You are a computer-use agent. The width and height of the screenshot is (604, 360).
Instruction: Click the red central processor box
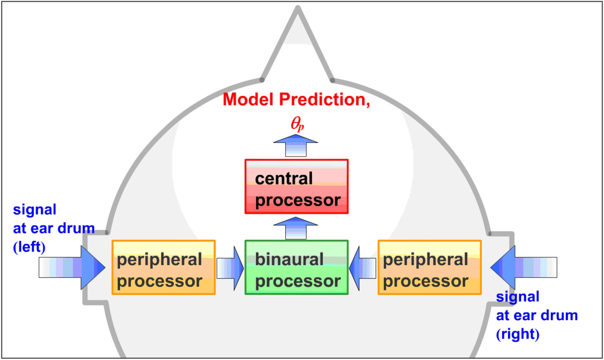[x=296, y=186]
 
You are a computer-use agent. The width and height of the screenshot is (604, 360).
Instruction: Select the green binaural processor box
[x=296, y=267]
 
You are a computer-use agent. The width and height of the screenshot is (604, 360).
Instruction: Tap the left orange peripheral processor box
[x=164, y=267]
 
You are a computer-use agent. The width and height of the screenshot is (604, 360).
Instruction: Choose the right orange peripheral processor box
[x=430, y=267]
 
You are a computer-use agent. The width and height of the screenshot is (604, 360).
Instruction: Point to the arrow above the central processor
[x=296, y=145]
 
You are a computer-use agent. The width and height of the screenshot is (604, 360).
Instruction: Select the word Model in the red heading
[x=248, y=100]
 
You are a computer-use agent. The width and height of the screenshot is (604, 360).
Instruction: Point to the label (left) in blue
[x=29, y=247]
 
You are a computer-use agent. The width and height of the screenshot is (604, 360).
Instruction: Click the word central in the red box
[x=284, y=179]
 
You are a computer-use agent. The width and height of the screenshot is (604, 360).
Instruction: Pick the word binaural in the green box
[x=289, y=259]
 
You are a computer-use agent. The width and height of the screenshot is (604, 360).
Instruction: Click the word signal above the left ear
[x=35, y=210]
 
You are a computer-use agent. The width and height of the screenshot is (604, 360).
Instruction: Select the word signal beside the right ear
[x=518, y=297]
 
